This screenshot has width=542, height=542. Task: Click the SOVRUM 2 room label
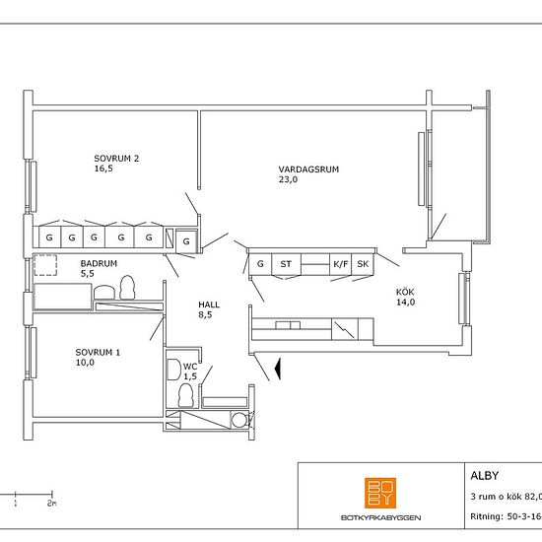point(116,159)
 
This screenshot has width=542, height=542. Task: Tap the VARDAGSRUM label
point(308,169)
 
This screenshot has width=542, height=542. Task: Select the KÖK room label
point(405,292)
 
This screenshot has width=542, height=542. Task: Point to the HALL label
point(209,305)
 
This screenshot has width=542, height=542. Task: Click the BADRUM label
point(99,263)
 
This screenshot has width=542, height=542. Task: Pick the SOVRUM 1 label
point(98,352)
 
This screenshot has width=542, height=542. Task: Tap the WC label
point(190,367)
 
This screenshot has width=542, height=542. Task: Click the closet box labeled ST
point(286,264)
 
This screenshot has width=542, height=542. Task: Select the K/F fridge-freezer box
point(341,264)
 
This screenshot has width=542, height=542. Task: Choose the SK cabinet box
point(363,264)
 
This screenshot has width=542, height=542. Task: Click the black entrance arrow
point(277,369)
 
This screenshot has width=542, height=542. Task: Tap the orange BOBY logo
point(380,493)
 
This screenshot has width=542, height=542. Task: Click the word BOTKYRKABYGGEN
point(380,517)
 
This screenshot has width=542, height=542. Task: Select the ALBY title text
point(484,476)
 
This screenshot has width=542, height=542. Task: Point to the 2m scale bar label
point(52,503)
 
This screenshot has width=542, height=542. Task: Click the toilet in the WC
point(185,395)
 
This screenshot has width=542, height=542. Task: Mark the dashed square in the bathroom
point(45,265)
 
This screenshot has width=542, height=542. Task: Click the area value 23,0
point(288,179)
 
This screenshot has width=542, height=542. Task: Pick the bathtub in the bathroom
point(62,297)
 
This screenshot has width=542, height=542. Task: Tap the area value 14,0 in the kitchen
point(405,303)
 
